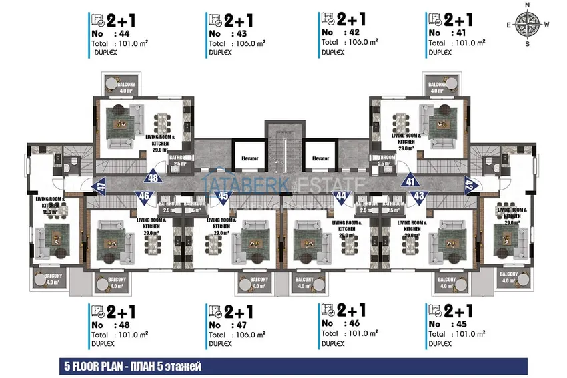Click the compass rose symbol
[x=528, y=24]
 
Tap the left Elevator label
[x=249, y=159]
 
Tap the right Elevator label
[x=320, y=159]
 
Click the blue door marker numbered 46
[x=143, y=196]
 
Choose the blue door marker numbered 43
[x=419, y=196]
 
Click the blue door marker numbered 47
[x=82, y=186]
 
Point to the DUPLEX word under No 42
[x=333, y=51]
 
